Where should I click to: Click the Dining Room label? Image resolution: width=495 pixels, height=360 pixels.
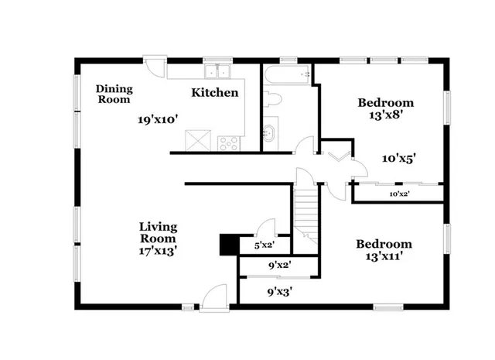[x=113, y=94]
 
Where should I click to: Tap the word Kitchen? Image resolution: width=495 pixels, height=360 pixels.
[x=214, y=93]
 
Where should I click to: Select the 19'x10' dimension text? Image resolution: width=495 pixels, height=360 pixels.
[x=159, y=120]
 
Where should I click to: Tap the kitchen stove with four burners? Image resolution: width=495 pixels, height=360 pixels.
[x=230, y=142]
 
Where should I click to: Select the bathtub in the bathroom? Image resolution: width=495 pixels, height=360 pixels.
[x=287, y=75]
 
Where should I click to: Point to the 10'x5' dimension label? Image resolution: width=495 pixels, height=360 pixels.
[x=400, y=158]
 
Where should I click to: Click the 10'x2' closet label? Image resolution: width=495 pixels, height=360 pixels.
[x=399, y=194]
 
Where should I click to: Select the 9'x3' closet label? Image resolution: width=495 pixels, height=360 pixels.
[x=279, y=292]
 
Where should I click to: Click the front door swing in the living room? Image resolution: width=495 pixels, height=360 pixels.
[x=213, y=297]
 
